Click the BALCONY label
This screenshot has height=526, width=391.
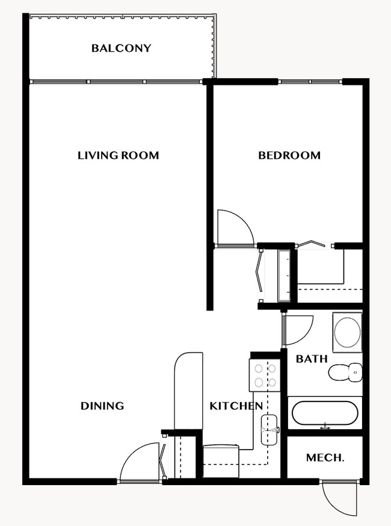pos(121,48)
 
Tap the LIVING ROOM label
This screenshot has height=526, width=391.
pos(118,155)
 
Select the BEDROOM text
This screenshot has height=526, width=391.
pos(289,155)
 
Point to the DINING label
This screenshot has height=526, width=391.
pos(102,406)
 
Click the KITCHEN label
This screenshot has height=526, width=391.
pos(235,406)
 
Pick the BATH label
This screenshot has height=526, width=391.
pos(312,359)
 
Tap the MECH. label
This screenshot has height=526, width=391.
pos(325,458)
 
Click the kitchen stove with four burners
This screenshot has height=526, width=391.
pos(264,374)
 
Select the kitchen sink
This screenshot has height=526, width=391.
pos(269,430)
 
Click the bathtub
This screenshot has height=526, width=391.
pos(324,413)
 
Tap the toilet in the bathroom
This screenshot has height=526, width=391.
pos(345,373)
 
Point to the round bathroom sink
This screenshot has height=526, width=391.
pos(347,331)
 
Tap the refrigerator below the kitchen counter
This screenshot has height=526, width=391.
pos(221,456)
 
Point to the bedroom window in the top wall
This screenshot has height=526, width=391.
pos(310,81)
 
